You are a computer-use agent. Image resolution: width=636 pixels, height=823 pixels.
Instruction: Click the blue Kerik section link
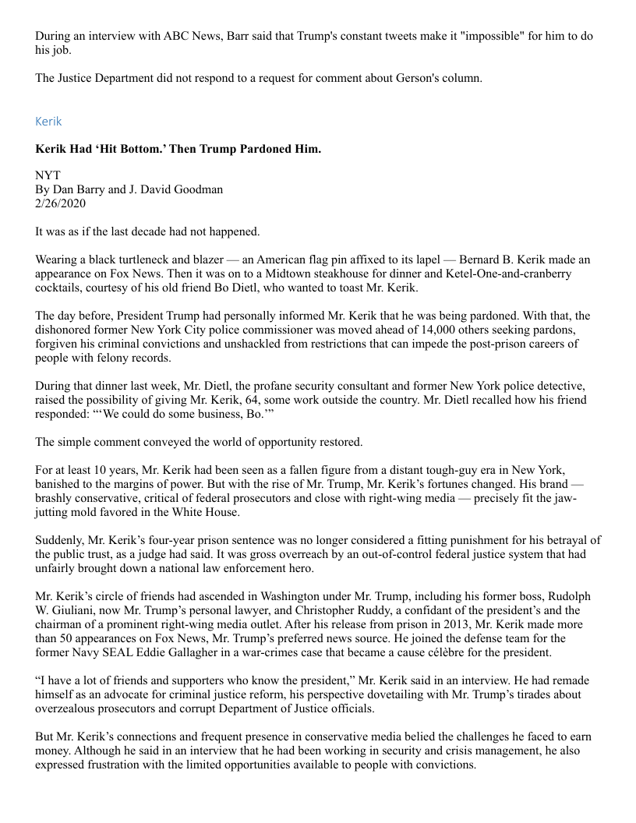48,122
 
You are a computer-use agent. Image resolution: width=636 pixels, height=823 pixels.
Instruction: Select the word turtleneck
157,259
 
